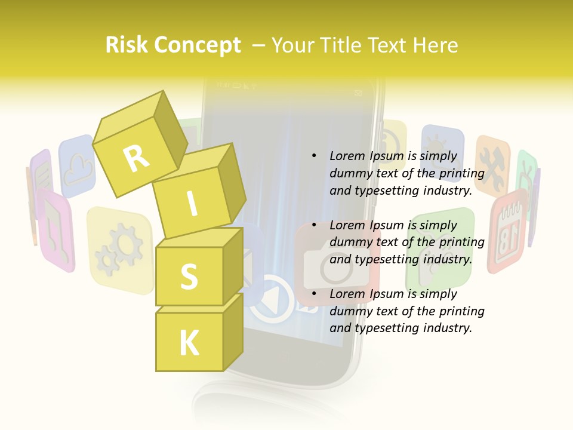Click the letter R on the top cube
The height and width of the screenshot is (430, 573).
coord(136,158)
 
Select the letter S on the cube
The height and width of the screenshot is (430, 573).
coord(189,276)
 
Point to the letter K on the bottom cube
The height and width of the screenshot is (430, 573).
coord(189,343)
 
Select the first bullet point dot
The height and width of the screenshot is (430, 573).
coord(314,156)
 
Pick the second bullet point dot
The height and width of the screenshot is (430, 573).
coord(314,225)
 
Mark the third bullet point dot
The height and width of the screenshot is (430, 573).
coord(314,294)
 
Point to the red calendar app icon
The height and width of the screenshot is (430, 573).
coord(508,230)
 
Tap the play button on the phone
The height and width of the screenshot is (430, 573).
coord(272,299)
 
